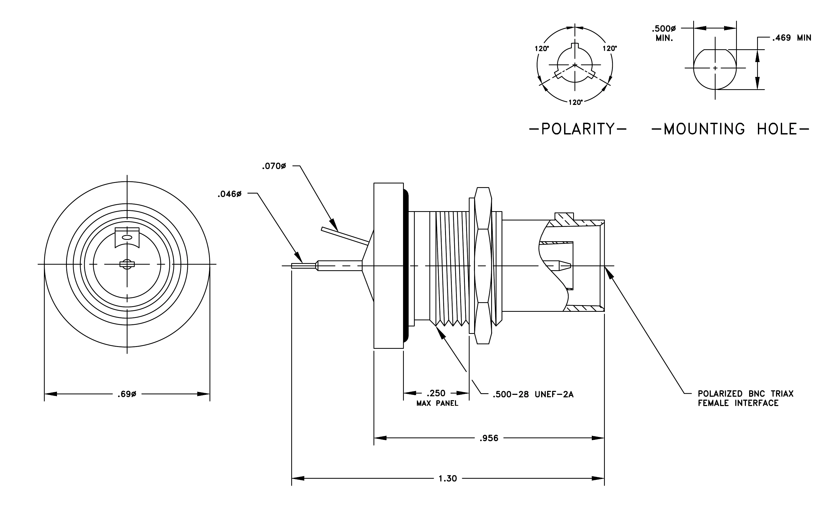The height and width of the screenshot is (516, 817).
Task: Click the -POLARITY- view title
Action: [577, 129]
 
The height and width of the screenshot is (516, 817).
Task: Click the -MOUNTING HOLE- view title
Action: [730, 129]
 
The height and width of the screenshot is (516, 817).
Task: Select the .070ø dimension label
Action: [274, 166]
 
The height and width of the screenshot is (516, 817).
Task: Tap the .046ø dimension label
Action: [230, 194]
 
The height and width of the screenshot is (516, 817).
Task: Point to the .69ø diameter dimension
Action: [127, 394]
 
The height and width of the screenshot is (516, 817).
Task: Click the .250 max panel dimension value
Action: [436, 393]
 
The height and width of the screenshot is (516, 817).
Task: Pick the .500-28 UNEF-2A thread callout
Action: [533, 394]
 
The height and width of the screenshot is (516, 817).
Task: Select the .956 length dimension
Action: [489, 438]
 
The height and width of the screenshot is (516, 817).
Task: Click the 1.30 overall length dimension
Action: [447, 478]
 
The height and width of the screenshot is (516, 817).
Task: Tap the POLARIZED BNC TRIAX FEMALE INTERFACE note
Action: [746, 398]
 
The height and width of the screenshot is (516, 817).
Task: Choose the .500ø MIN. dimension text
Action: [664, 33]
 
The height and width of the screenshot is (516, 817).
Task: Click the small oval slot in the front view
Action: [127, 237]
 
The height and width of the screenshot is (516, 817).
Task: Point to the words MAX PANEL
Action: [437, 403]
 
